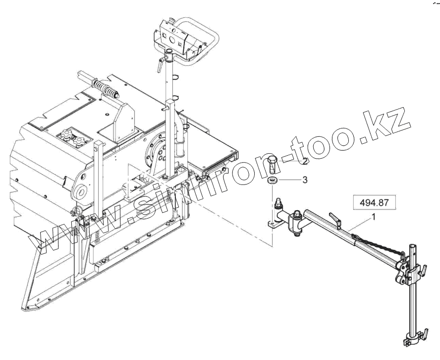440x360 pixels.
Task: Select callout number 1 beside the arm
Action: [x=373, y=217]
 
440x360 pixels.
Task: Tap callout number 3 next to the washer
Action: [x=305, y=180]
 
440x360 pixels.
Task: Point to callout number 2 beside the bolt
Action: [x=306, y=162]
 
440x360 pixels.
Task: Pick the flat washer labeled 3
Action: [x=272, y=180]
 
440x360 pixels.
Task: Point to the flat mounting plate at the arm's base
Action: [x=275, y=224]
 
